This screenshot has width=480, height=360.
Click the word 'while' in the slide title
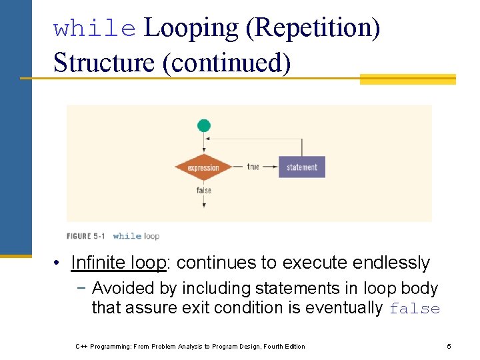pyautogui.click(x=95, y=29)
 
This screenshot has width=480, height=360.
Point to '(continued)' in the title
pyautogui.click(x=226, y=63)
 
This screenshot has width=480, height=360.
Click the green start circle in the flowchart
pyautogui.click(x=204, y=125)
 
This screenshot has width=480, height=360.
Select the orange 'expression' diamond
pyautogui.click(x=204, y=167)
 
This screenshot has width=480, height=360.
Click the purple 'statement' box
pyautogui.click(x=302, y=167)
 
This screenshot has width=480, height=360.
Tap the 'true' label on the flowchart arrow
pyautogui.click(x=253, y=167)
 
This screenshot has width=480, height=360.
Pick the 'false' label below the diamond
pyautogui.click(x=204, y=191)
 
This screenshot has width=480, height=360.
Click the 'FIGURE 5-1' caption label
pyautogui.click(x=88, y=236)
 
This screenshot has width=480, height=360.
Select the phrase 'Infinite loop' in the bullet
pyautogui.click(x=118, y=263)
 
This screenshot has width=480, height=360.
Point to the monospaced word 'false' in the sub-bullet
pyautogui.click(x=415, y=309)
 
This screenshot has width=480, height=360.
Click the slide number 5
pyautogui.click(x=449, y=346)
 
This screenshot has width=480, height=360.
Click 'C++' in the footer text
pyautogui.click(x=82, y=346)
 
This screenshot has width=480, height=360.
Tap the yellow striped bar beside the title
pyautogui.click(x=407, y=79)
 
